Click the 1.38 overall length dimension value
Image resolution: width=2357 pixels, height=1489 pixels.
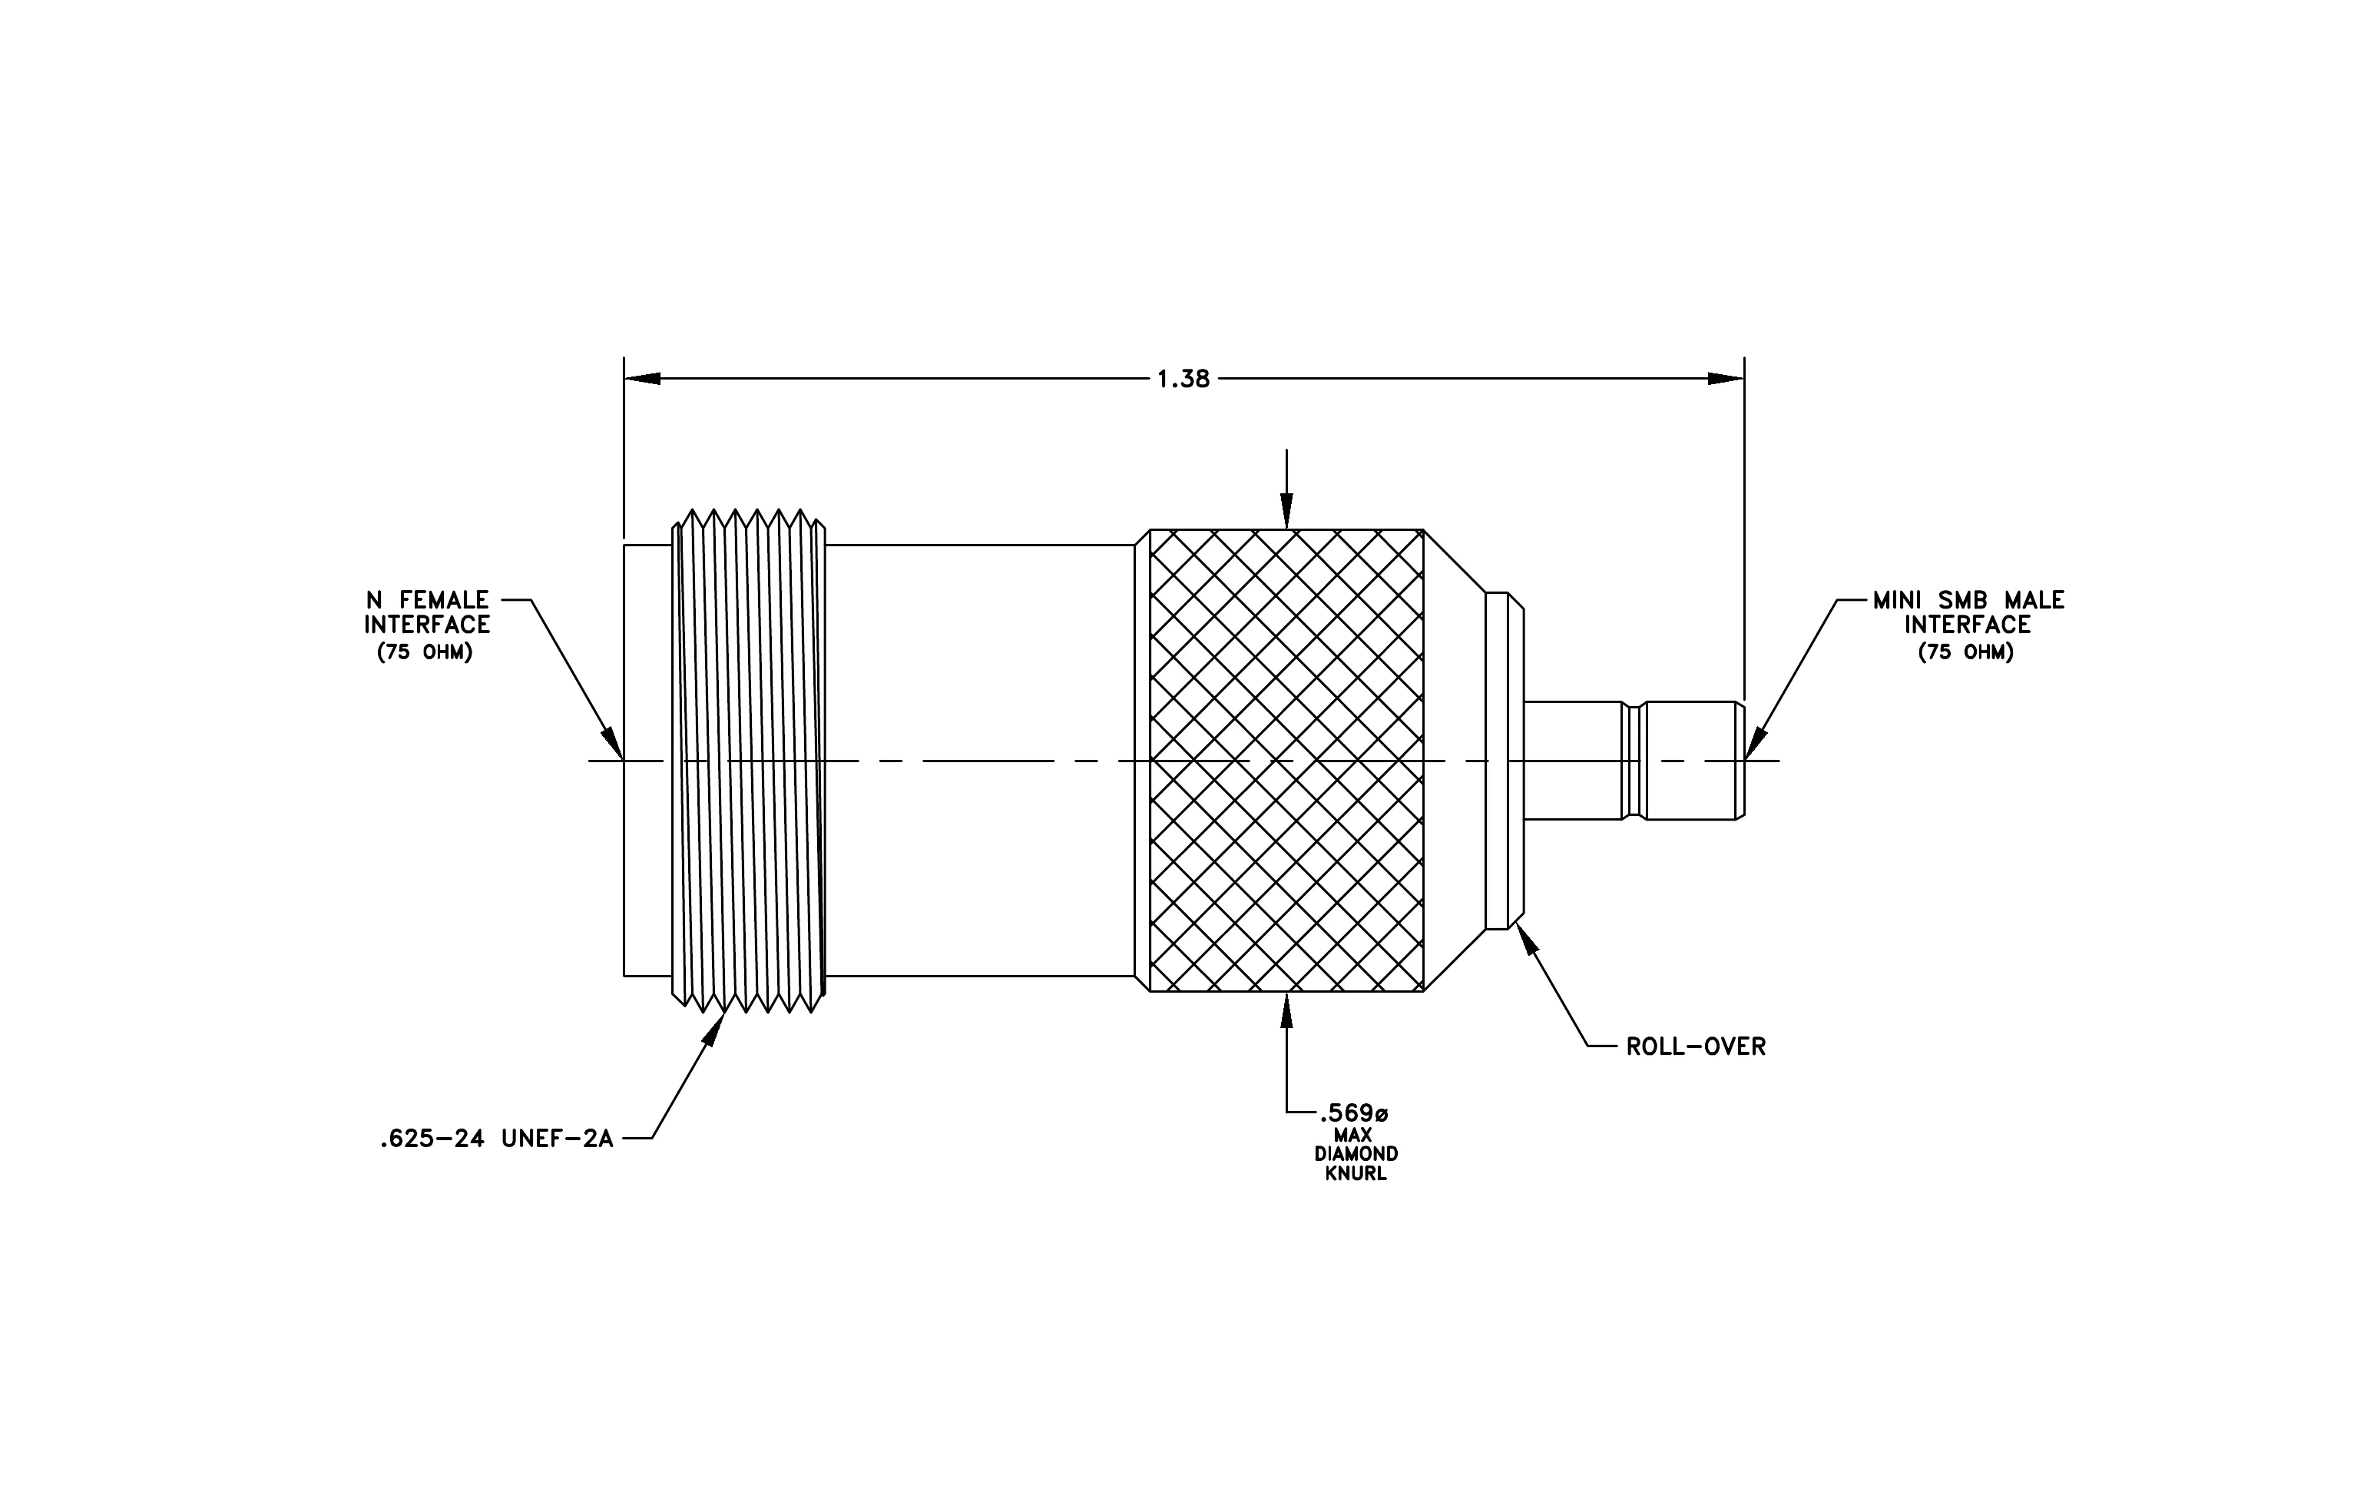point(1183,379)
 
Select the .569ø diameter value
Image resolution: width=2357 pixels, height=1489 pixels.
point(1354,1113)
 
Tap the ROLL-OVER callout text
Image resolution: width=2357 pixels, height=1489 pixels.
point(1695,1046)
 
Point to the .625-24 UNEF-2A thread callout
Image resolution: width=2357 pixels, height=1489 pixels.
point(496,1139)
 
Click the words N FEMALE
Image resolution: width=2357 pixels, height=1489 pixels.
point(427,600)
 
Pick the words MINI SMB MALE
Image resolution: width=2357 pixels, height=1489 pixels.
point(1968,600)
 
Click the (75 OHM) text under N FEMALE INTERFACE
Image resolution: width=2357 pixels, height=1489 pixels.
point(425,652)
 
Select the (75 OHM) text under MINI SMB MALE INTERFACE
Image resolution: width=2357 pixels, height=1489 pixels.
point(1966,652)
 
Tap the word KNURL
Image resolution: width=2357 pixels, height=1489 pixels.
point(1356,1174)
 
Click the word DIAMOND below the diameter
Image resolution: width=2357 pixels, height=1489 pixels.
point(1356,1154)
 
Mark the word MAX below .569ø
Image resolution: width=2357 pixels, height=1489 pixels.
point(1354,1135)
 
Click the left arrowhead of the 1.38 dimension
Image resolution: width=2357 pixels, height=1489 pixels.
point(642,379)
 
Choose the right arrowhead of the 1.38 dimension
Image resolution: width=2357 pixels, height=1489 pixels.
point(1726,379)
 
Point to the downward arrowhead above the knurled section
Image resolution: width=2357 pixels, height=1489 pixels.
point(1286,511)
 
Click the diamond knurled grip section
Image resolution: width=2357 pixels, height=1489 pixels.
point(1286,761)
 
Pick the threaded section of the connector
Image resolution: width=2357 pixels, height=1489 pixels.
point(749,761)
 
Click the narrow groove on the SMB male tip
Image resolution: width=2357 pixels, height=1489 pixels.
point(1632,761)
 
